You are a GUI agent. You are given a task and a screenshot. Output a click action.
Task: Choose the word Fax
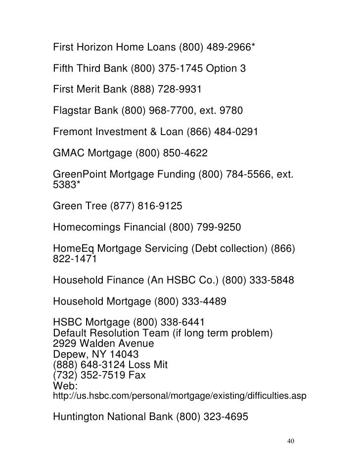pyautogui.click(x=135, y=376)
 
